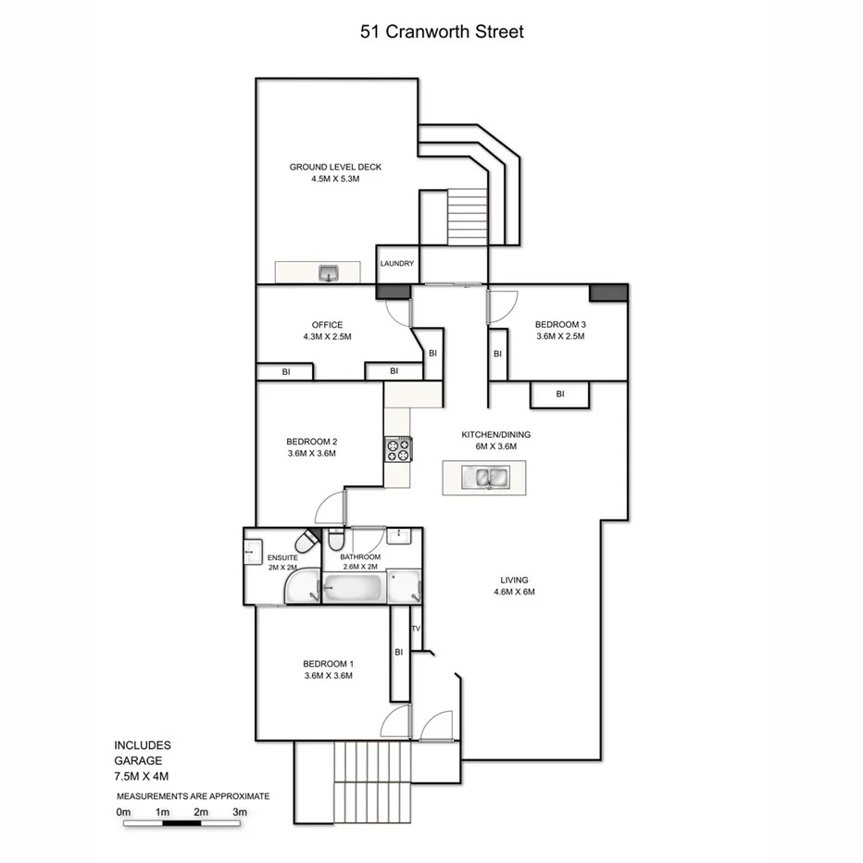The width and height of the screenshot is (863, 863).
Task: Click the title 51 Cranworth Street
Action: click(442, 32)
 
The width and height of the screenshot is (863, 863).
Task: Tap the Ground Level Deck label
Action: click(335, 168)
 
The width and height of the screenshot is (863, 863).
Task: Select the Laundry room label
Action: click(396, 264)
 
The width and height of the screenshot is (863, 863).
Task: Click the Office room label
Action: click(327, 325)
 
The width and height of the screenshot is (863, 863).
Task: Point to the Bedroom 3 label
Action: click(560, 324)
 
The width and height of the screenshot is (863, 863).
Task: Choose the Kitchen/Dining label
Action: click(495, 434)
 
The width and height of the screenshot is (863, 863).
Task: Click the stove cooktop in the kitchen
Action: click(398, 451)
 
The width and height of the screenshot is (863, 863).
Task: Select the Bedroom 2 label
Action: click(311, 441)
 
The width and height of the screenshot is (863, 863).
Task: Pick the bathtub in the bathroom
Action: click(354, 587)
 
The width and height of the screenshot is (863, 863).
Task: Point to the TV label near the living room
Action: click(416, 630)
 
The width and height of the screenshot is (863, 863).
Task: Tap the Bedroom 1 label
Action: click(328, 664)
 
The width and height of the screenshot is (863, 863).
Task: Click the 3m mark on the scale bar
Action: click(239, 812)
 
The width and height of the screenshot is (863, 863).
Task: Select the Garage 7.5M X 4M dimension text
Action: click(142, 775)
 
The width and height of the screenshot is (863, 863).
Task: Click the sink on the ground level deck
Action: click(329, 272)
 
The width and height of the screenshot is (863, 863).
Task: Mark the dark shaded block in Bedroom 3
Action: click(608, 293)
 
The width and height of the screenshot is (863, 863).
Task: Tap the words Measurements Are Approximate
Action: click(193, 795)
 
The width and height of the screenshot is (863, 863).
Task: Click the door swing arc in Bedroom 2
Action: click(329, 507)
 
